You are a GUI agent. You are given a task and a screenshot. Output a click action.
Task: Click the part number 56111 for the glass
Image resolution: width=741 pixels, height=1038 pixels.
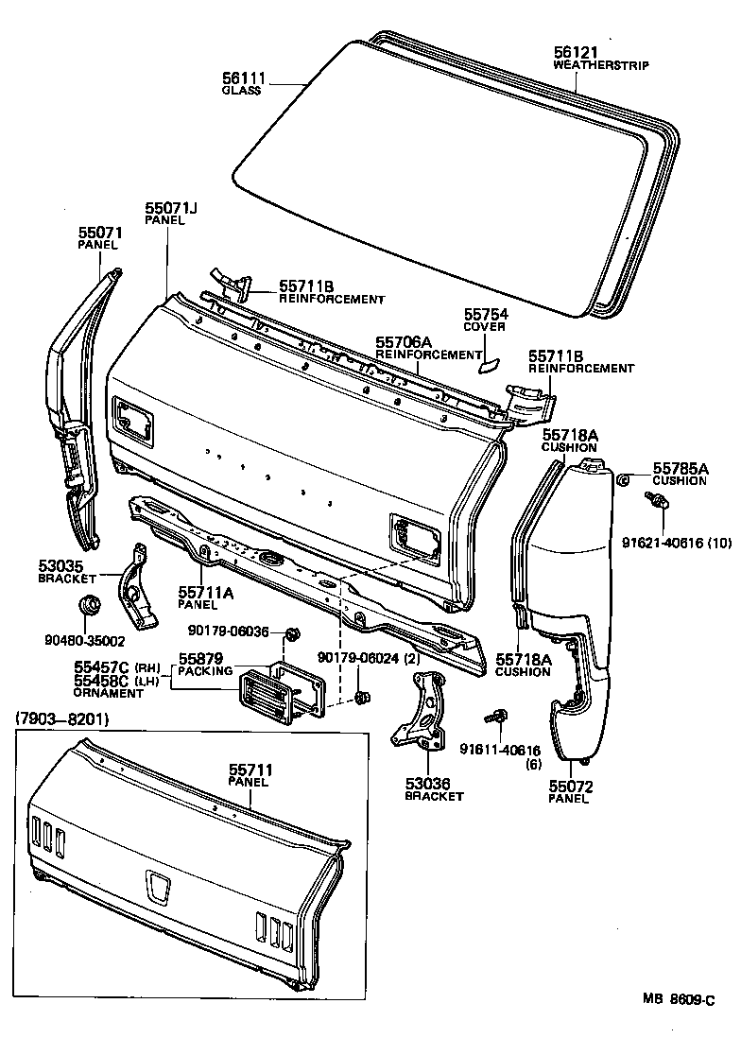coord(243,78)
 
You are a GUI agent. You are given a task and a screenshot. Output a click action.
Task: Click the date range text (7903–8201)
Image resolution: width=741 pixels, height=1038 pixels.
coord(62,719)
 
